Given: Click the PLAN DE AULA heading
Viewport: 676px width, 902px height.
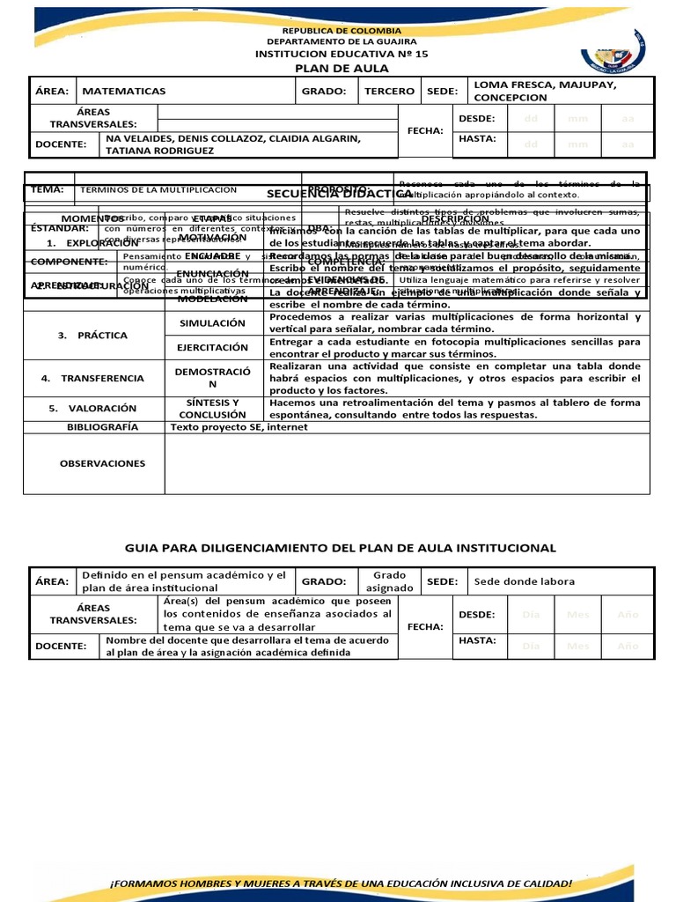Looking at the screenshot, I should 341,69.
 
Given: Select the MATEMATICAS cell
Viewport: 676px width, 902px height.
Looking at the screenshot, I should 123,91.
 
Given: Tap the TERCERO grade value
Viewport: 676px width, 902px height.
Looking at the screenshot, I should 388,91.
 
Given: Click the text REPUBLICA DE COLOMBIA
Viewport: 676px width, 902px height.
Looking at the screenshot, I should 342,30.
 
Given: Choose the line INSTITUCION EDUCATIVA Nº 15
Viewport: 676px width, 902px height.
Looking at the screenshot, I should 342,54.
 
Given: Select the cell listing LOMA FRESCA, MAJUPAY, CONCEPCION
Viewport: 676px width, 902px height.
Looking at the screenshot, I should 546,91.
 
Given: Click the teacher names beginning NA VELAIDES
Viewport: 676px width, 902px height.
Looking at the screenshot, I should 233,144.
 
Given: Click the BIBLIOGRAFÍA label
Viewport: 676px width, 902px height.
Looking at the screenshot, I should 103,427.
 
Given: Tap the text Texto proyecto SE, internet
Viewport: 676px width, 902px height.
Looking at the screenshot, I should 239,427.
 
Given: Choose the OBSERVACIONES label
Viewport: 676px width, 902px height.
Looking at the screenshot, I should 103,463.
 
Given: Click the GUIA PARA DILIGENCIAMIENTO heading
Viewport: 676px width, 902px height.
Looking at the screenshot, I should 342,548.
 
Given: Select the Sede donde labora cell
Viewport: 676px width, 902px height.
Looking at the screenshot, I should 525,581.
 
